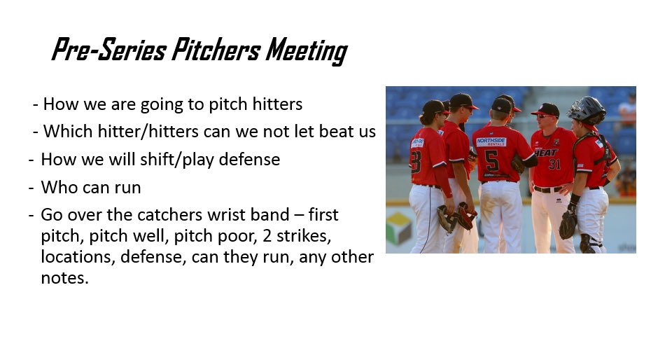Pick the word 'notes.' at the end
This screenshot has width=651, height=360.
click(x=65, y=278)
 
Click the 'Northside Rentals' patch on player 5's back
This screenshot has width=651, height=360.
click(x=491, y=141)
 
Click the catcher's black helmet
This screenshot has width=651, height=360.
click(x=587, y=109)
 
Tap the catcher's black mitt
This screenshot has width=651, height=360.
click(x=568, y=224)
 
